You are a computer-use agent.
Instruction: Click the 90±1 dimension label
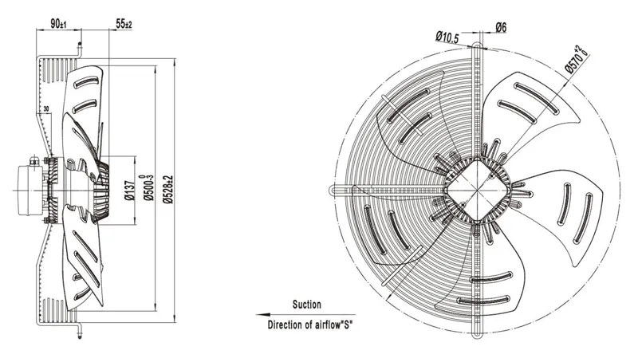[x=58, y=24]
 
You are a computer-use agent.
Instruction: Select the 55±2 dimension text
[x=124, y=24]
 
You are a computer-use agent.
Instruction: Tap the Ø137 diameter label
[x=130, y=191]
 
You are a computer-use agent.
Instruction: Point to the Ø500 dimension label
[x=148, y=187]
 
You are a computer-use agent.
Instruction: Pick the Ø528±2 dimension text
[x=168, y=190]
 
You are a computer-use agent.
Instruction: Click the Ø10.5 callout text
[x=447, y=37]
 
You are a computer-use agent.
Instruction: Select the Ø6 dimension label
[x=501, y=28]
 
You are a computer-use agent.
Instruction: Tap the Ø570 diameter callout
[x=577, y=59]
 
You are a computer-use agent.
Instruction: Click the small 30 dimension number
[x=46, y=108]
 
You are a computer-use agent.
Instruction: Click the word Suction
[x=307, y=305]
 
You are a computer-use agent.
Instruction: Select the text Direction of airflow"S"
[x=309, y=325]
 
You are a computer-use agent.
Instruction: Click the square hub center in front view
[x=475, y=190]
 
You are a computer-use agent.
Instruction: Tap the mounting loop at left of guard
[x=334, y=190]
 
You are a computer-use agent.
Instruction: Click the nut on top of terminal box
[x=34, y=161]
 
